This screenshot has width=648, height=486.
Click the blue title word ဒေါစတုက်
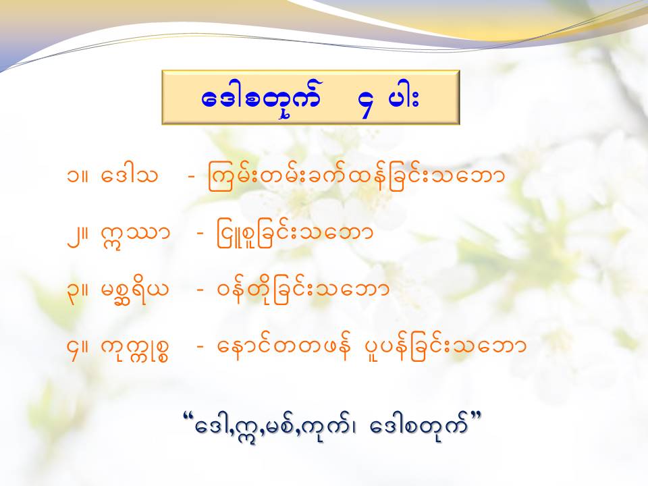coord(261,100)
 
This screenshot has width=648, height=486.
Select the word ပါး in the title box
coord(405,99)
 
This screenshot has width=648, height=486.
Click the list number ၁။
coord(78,175)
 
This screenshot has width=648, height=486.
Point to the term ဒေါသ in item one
coord(129,175)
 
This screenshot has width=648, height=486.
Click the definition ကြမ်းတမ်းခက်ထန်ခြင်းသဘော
coord(356,175)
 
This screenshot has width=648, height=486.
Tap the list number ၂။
coord(78,234)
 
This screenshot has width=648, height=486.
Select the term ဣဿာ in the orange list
coord(135,234)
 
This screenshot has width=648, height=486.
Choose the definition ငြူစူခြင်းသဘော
coord(295,235)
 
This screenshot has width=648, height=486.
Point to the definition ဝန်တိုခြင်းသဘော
coord(303,290)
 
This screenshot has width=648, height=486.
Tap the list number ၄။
coord(78,349)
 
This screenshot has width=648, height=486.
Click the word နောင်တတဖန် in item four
coord(284,347)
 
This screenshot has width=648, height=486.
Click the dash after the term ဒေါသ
coord(191,176)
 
